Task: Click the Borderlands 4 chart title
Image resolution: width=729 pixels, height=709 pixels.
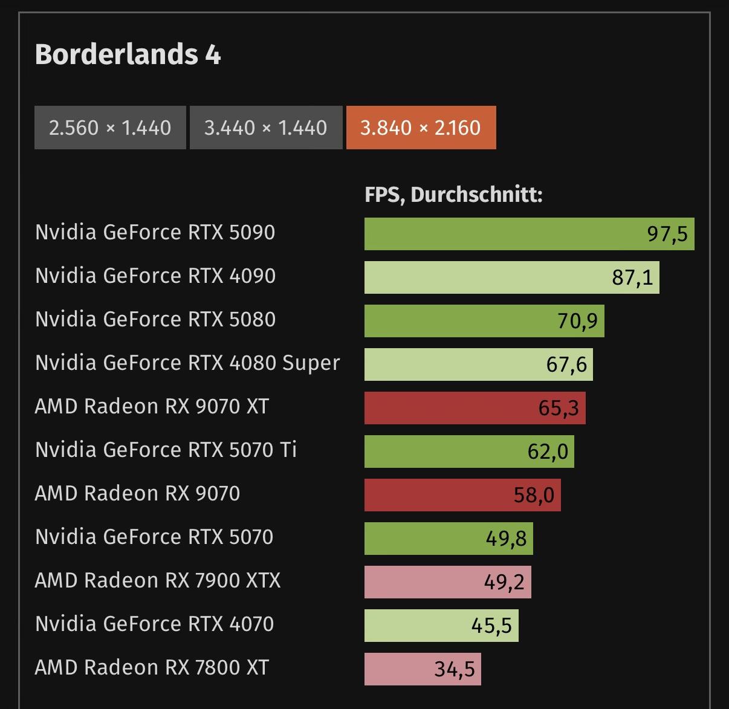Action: click(x=128, y=54)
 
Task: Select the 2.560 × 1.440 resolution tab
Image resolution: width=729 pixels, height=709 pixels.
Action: click(x=110, y=128)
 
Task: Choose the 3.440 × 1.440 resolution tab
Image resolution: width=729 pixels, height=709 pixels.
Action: click(x=265, y=128)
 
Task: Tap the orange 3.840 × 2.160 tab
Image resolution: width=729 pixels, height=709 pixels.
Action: click(x=421, y=128)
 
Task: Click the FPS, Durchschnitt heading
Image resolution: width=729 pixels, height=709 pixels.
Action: click(x=453, y=195)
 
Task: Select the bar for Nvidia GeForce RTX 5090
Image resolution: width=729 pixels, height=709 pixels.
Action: click(x=529, y=234)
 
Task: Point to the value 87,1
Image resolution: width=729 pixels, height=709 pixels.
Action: click(x=632, y=277)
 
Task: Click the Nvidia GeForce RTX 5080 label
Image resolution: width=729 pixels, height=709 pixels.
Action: click(x=155, y=319)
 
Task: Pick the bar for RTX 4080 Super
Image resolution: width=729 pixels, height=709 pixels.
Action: click(x=478, y=364)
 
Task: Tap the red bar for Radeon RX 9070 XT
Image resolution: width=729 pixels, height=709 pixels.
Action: click(x=475, y=408)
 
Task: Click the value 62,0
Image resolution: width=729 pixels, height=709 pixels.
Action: click(x=548, y=452)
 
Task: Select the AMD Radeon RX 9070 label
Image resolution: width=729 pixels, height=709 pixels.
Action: click(x=137, y=493)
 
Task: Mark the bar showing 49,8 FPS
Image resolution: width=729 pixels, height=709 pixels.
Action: click(x=449, y=539)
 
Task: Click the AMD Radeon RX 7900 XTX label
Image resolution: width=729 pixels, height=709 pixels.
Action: click(x=158, y=580)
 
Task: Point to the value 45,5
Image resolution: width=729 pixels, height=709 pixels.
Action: click(x=491, y=626)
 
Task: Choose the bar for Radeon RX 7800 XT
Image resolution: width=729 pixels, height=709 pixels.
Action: click(x=423, y=669)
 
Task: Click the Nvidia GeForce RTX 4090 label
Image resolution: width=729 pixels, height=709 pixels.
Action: click(x=155, y=276)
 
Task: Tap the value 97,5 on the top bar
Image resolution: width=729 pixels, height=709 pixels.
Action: click(x=667, y=234)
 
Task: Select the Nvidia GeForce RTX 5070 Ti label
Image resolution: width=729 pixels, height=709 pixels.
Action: click(x=166, y=450)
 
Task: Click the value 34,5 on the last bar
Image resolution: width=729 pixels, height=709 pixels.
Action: click(x=455, y=669)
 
